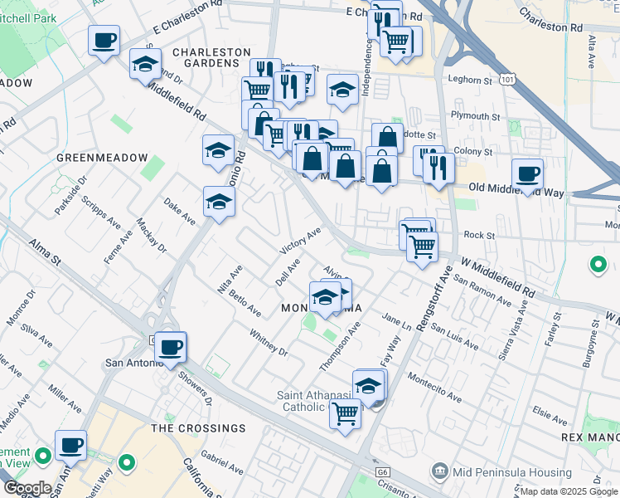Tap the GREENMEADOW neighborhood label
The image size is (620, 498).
click(x=102, y=158)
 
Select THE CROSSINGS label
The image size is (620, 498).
click(x=198, y=428)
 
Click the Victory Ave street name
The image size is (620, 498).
click(x=300, y=243)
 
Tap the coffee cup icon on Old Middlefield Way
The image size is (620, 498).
click(x=527, y=174)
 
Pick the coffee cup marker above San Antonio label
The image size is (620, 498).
click(x=171, y=347)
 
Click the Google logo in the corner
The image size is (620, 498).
click(x=27, y=488)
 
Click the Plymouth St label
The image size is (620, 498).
click(x=475, y=116)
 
